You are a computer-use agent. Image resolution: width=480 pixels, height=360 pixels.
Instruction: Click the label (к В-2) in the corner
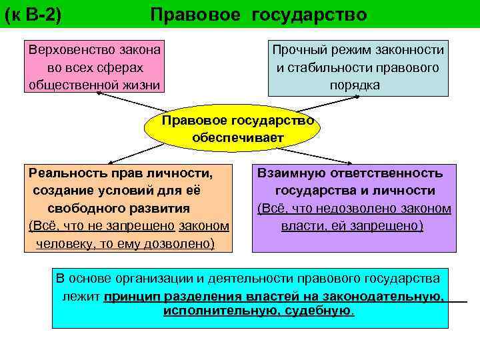[x=33, y=15]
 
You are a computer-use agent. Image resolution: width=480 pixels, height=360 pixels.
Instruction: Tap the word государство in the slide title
[x=309, y=15]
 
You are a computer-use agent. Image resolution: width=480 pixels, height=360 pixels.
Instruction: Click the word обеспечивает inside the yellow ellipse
[x=238, y=138]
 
